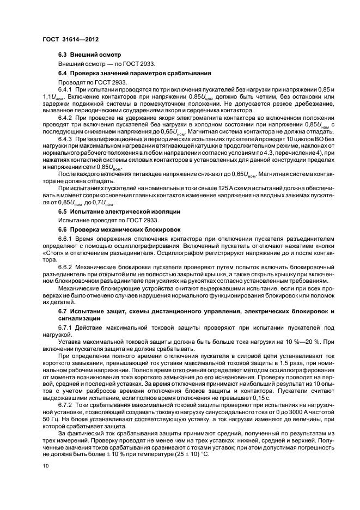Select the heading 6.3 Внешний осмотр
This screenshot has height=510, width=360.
pyautogui.click(x=90, y=56)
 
